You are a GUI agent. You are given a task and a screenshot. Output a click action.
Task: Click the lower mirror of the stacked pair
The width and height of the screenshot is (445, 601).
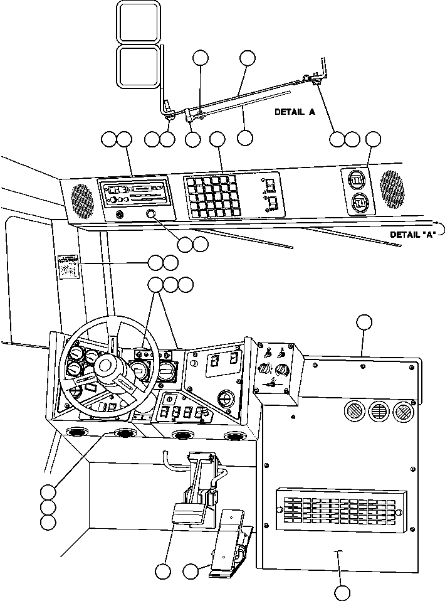tap(138, 66)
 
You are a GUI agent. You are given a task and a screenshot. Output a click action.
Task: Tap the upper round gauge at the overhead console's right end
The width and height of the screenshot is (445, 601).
tap(357, 180)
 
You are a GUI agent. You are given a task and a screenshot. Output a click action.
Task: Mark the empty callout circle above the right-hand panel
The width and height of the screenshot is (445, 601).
tap(364, 322)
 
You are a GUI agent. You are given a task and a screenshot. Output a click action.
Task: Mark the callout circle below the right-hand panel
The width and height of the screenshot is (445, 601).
tap(342, 592)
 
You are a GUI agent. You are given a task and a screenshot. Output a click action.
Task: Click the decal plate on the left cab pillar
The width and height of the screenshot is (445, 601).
tap(67, 267)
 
